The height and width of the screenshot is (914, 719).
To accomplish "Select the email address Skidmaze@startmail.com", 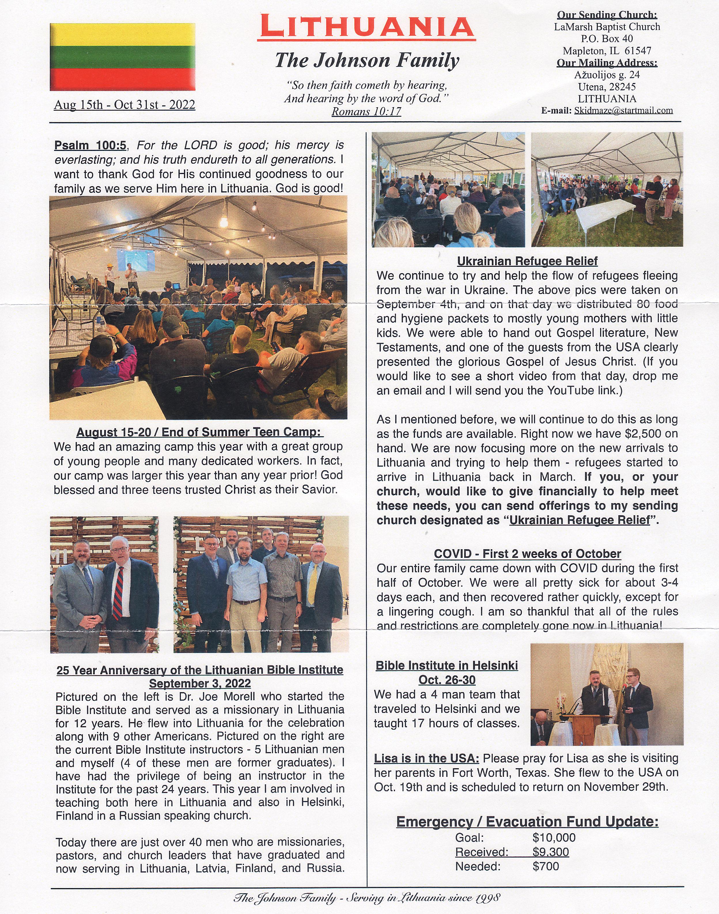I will (x=623, y=111).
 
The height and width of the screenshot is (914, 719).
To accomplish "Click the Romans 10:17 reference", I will (x=366, y=112).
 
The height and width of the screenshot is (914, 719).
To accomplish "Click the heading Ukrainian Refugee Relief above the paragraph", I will (x=527, y=261).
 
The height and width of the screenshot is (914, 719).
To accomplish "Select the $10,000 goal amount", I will (x=554, y=838).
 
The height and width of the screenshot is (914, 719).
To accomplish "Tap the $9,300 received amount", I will (x=550, y=852).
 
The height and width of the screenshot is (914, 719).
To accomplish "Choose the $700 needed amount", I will (x=546, y=866).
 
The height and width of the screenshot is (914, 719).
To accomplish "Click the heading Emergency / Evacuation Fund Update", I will (x=527, y=822).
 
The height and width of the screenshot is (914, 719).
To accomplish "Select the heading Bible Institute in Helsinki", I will (x=447, y=666).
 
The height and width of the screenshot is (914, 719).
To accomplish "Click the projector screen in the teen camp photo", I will (x=136, y=260).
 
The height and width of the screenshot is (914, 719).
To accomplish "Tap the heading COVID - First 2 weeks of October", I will (x=527, y=554).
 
